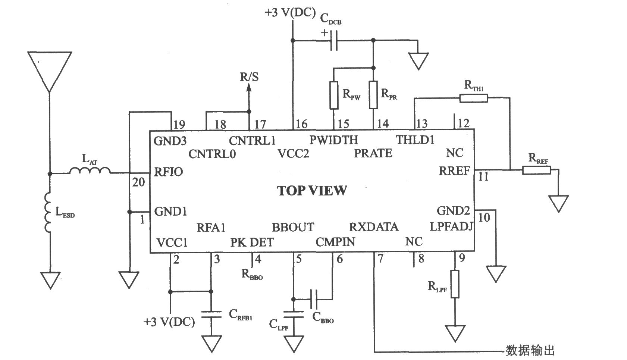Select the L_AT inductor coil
tap(90, 170)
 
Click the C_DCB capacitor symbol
tap(334, 41)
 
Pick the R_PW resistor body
tap(334, 95)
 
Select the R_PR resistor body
tap(373, 95)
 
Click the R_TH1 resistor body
tap(474, 98)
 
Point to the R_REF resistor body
tap(537, 170)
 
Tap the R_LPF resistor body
tap(455, 284)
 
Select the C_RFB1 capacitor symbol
tap(211, 314)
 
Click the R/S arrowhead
tap(248, 88)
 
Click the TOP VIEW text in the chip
tap(312, 191)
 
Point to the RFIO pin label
tap(169, 172)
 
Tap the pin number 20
tap(138, 182)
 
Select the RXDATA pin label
tap(374, 227)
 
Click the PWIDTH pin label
tap(334, 140)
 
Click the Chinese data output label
tap(530, 350)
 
